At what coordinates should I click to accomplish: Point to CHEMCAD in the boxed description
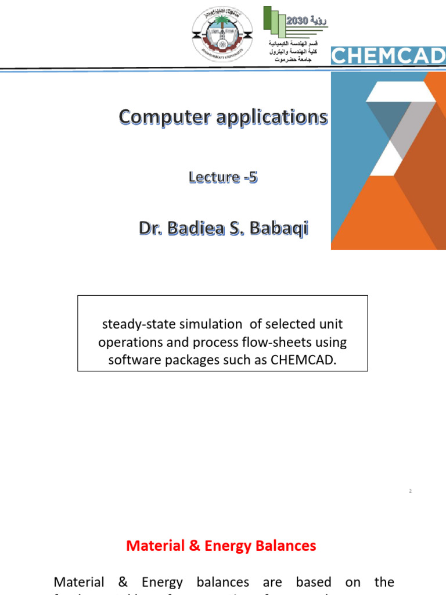click(x=303, y=360)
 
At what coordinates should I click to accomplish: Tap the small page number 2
click(x=410, y=491)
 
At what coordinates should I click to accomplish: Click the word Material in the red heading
click(x=153, y=546)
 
